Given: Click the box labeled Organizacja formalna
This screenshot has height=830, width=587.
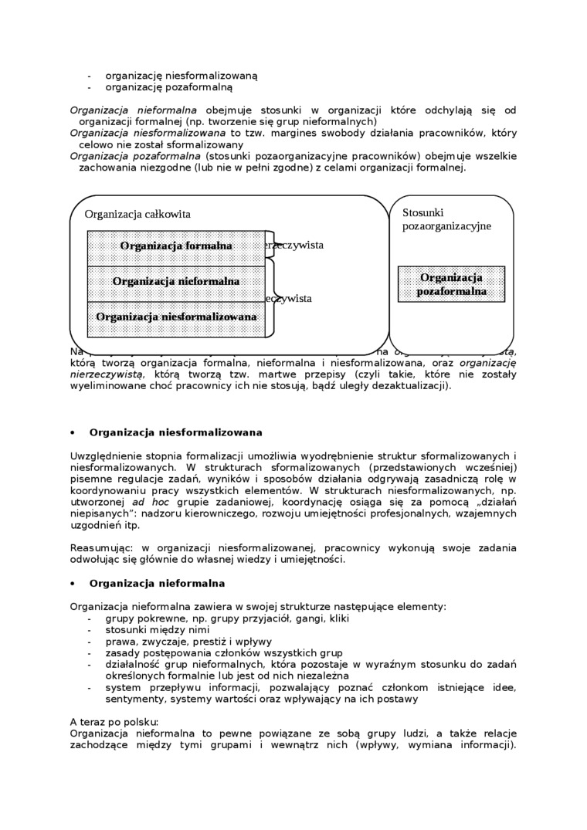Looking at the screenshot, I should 176,246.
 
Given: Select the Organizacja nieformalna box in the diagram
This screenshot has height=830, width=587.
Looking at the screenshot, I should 176,282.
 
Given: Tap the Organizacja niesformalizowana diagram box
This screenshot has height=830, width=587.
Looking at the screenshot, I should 176,317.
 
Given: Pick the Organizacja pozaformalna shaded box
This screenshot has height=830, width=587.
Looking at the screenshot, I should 451,284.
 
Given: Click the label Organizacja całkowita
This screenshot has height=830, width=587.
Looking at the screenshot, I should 137,214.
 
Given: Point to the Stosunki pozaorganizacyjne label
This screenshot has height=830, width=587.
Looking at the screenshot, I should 446,219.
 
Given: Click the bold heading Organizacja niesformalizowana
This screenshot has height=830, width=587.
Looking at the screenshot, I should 176,432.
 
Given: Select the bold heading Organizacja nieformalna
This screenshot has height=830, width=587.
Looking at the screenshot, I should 157,584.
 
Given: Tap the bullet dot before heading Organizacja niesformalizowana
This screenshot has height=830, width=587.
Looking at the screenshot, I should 73,433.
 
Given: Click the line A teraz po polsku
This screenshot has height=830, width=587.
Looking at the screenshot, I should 114,722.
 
